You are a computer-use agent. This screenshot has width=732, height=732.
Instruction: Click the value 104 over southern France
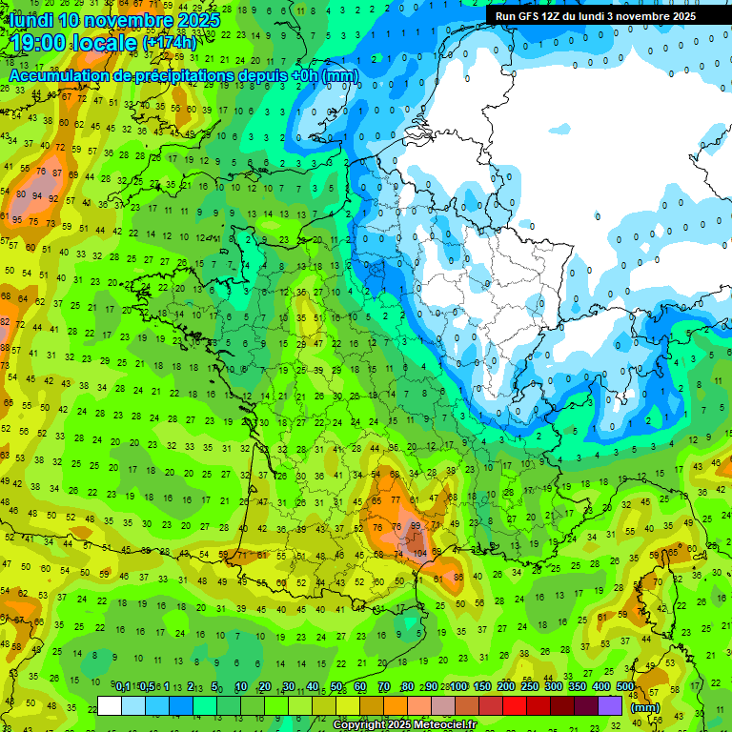pos(420,553)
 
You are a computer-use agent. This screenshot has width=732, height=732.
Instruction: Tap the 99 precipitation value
pos(415,525)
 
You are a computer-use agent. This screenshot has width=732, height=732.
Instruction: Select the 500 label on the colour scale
pos(625,686)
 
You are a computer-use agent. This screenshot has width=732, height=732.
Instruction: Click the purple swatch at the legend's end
pos(610,705)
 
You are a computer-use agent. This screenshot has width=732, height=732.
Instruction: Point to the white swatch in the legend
pos(110,705)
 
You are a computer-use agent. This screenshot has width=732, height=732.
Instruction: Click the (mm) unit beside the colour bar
pos(645,707)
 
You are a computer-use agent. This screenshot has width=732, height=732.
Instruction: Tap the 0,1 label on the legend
pos(123,686)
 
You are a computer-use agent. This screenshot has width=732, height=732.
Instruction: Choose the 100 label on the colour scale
pos(458,686)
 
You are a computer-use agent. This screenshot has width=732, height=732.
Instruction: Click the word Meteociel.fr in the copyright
pos(445,725)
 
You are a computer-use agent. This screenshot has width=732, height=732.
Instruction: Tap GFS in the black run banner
pos(527,16)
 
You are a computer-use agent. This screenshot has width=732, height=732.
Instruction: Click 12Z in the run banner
pos(552,16)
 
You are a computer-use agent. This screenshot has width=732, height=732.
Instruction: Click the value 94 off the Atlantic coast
pos(37,195)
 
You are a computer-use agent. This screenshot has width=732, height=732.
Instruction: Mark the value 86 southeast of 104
pos(458,577)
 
